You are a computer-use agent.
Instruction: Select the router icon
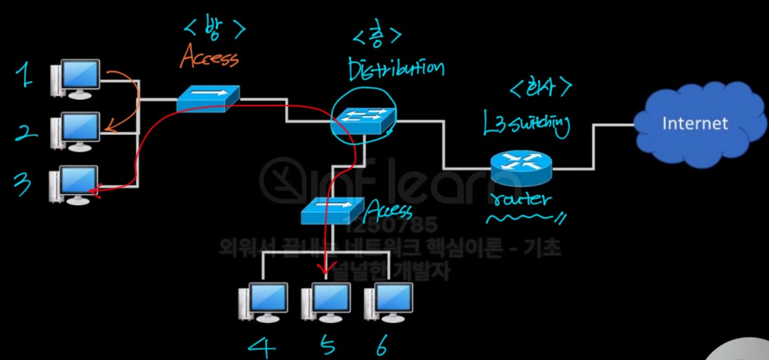click(520, 165)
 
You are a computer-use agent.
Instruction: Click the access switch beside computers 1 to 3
click(208, 99)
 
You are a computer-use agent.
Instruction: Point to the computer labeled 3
click(75, 184)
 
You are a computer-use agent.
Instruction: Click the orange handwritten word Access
click(209, 58)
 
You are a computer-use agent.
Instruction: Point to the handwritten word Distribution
click(395, 69)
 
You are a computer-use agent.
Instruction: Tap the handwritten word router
click(522, 200)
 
